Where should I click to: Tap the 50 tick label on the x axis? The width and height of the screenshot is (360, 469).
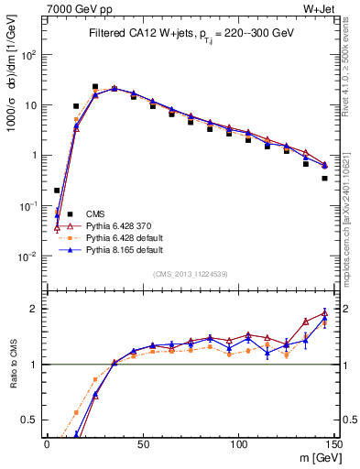coord(143,444)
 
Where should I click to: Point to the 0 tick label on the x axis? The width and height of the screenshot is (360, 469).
coord(47,444)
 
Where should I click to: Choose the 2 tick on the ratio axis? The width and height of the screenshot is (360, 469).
coord(35,308)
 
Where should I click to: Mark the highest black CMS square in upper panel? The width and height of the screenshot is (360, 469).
coord(95,87)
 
